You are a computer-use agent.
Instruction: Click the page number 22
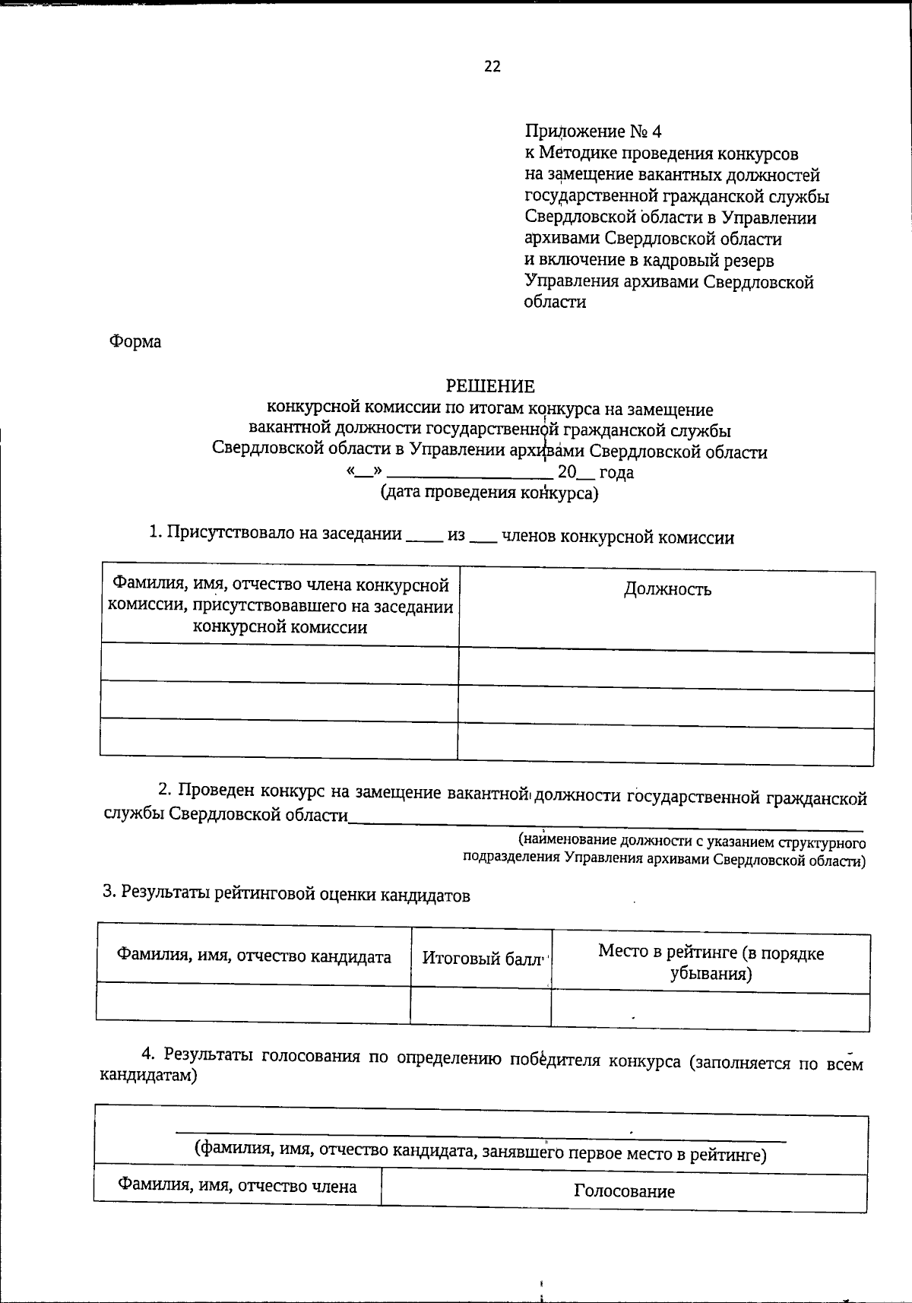tap(492, 67)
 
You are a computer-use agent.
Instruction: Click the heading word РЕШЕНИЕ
tap(490, 387)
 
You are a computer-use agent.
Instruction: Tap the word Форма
tap(135, 342)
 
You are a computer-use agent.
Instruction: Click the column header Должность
tap(667, 589)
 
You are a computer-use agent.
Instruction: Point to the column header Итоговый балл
tap(482, 958)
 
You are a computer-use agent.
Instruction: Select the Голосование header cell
tap(624, 1190)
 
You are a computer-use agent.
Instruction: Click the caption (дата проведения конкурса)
tap(489, 493)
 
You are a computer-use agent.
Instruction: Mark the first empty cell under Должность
tap(666, 667)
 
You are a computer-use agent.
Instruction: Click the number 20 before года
tap(567, 472)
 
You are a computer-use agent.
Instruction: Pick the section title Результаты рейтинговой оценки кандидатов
tap(287, 895)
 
